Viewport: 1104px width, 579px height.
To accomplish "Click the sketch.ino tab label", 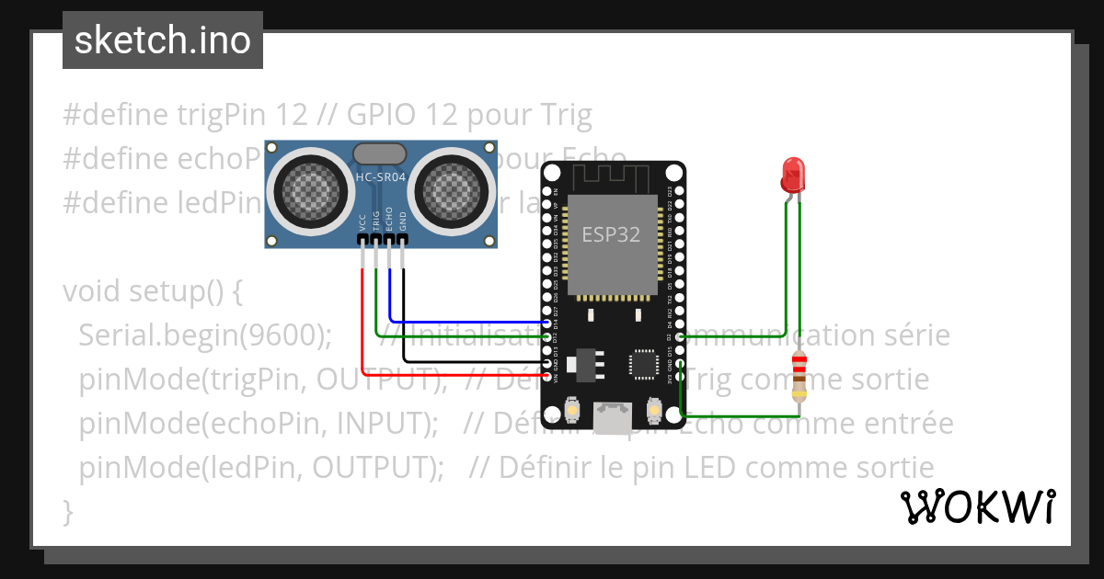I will tap(162, 40).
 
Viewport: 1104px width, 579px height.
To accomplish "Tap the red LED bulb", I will tap(792, 173).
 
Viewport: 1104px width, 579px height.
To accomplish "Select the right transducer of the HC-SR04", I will tap(452, 191).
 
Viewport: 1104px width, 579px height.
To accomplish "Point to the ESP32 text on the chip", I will tap(610, 233).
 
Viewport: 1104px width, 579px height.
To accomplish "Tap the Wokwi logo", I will tap(976, 506).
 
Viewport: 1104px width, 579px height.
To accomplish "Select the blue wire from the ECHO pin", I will tap(390, 294).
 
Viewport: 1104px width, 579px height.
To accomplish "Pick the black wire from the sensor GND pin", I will tap(403, 312).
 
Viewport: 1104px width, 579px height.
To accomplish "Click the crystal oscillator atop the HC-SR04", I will tap(380, 152).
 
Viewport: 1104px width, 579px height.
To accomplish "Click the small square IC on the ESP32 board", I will tap(643, 364).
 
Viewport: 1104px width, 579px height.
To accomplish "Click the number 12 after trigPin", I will tap(292, 115).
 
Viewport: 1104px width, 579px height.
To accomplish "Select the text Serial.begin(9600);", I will tap(204, 335).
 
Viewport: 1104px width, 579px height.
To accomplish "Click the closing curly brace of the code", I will tap(67, 510).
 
